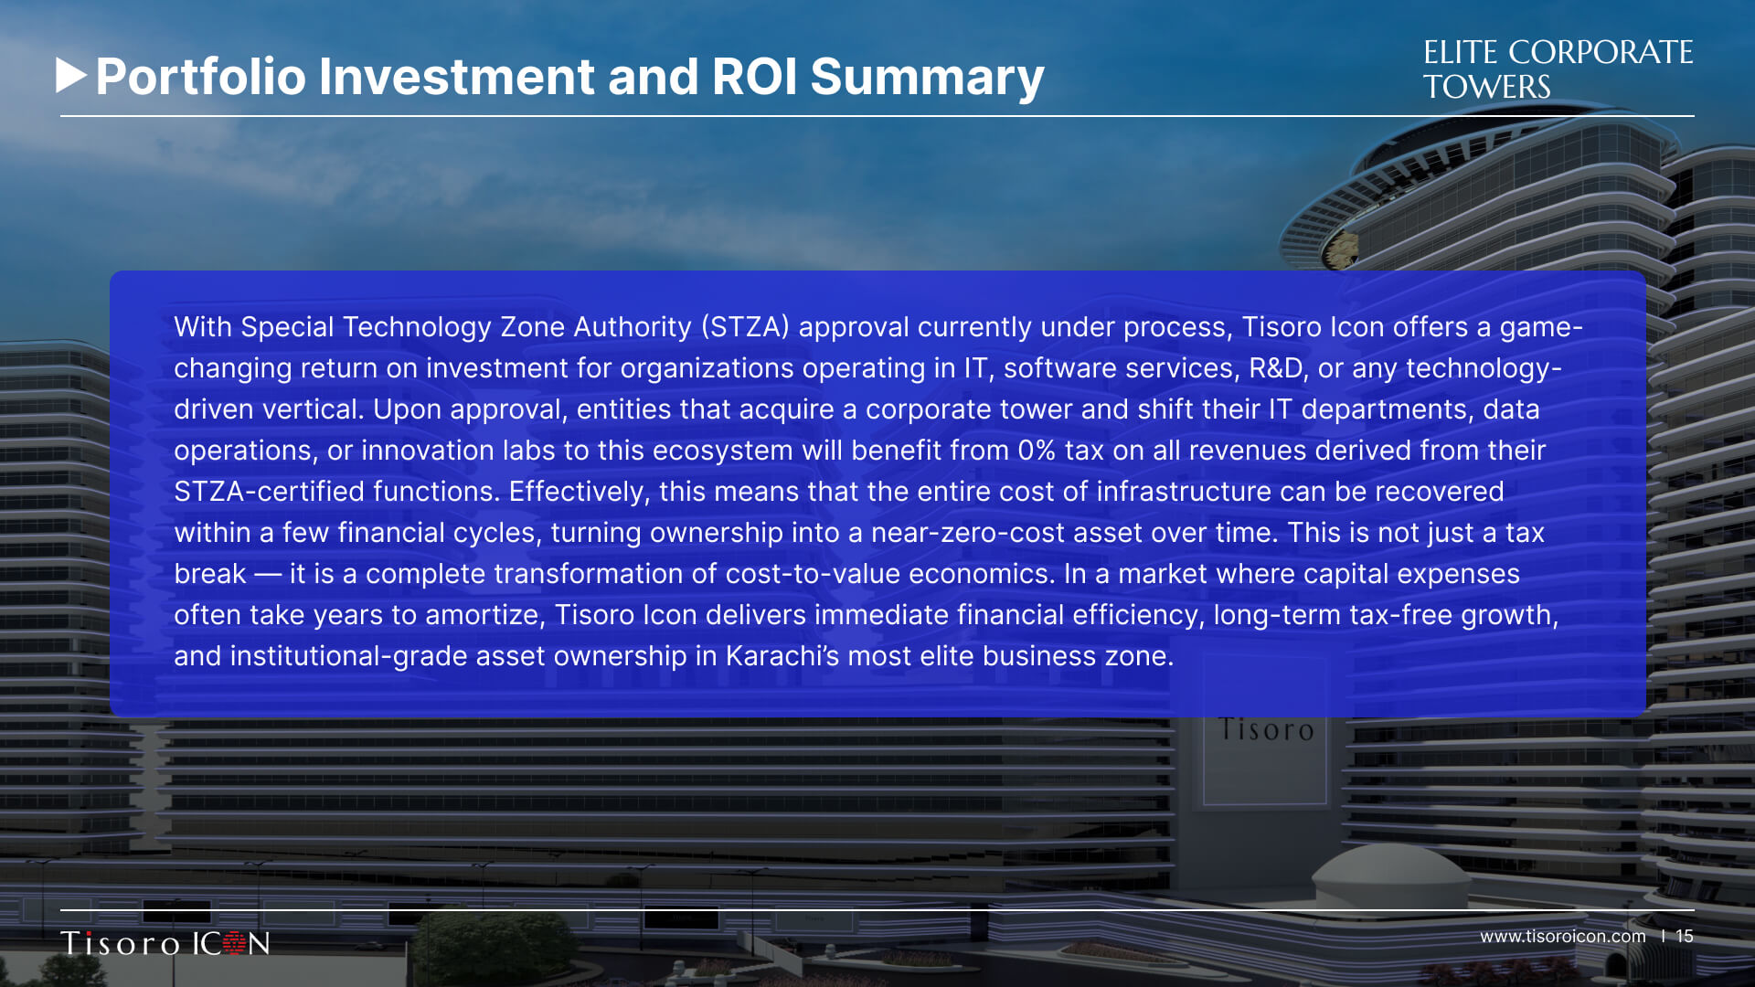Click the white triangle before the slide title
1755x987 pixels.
click(70, 76)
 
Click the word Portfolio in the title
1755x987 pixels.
click(201, 77)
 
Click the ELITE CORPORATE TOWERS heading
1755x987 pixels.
click(1558, 69)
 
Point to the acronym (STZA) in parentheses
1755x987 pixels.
click(745, 327)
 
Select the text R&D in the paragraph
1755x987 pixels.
click(1275, 368)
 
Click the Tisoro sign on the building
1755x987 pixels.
click(1266, 730)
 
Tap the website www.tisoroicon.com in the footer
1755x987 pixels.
click(1563, 937)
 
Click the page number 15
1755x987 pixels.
click(1685, 937)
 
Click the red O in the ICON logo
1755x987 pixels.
click(234, 943)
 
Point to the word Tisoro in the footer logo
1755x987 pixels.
click(121, 943)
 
